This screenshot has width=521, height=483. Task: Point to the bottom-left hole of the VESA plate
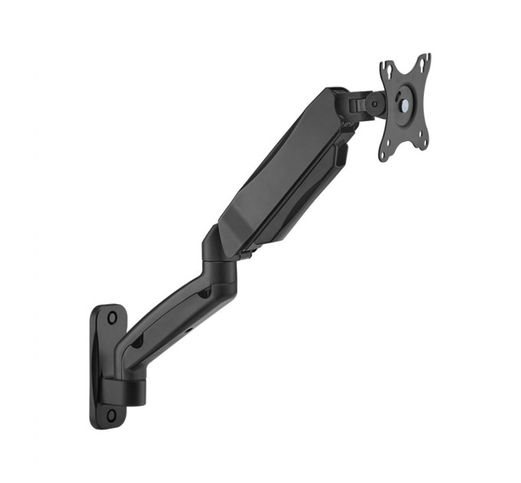tap(385, 153)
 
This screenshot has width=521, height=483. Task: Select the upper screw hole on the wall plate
tap(112, 317)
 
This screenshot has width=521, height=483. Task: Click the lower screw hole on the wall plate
tap(112, 415)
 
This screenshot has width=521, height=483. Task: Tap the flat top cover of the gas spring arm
tap(276, 161)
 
